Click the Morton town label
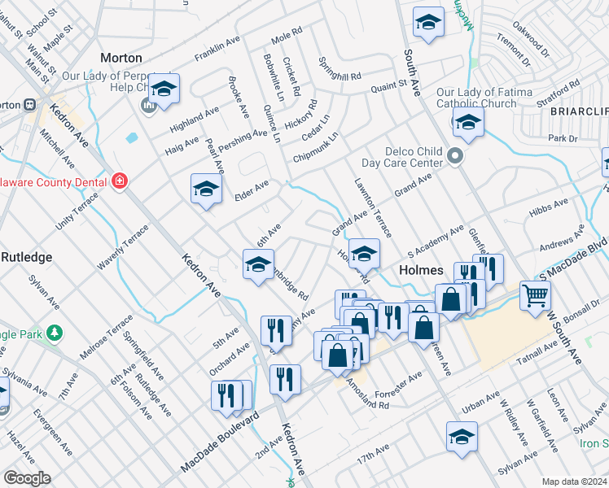120,58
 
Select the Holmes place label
420,270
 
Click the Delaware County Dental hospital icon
120,181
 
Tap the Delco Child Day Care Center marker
454,155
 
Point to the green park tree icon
55,333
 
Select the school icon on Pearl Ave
206,190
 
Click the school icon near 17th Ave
462,437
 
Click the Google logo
27,478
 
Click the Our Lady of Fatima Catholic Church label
476,98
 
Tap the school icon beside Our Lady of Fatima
468,123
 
